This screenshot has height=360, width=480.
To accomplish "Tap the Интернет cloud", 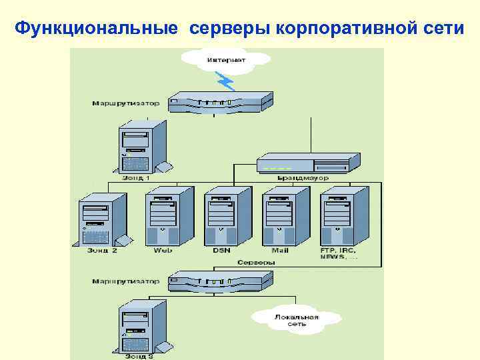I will pos(226,59).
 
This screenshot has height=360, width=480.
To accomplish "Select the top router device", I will pos(220,102).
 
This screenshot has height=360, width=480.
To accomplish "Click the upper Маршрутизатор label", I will pos(127,103).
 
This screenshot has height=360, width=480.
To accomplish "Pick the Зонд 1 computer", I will pos(141,147).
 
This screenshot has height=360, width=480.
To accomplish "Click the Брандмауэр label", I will pos(303,178).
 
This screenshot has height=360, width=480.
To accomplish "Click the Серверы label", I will pos(256,262).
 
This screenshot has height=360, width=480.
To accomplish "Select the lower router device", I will pos(220,281).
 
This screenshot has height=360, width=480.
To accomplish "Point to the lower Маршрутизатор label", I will pos(127,281).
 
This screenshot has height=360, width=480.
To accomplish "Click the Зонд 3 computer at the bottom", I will pos(141,327).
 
